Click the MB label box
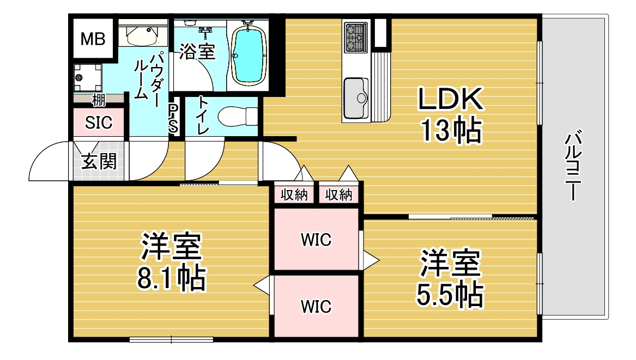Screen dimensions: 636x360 [93, 39]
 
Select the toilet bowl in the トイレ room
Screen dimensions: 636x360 [237, 117]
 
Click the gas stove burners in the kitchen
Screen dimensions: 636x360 [356, 37]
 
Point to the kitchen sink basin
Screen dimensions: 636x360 [356, 97]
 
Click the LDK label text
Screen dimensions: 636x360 [451, 99]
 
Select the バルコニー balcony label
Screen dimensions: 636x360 [573, 165]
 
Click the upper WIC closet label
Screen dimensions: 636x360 [316, 240]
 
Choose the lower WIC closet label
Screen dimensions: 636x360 [316, 307]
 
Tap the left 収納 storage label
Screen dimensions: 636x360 [294, 195]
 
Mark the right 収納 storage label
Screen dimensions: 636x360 [338, 195]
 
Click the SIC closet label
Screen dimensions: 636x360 [99, 123]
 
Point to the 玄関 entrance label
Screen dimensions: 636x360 [99, 161]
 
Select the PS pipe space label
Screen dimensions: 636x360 [173, 118]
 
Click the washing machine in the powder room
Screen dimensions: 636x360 [88, 78]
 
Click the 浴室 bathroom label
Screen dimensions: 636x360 [197, 52]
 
